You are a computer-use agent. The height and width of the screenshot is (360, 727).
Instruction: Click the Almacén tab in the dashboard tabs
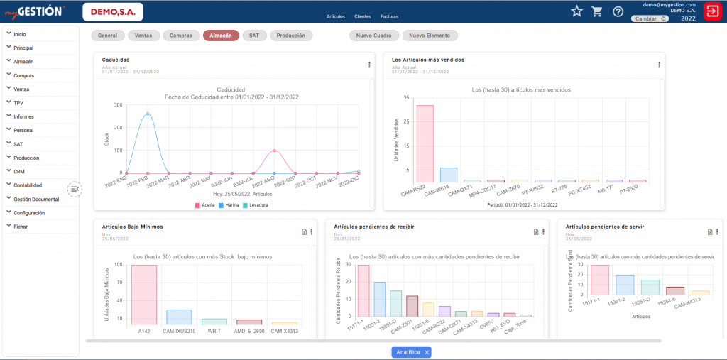click(220, 35)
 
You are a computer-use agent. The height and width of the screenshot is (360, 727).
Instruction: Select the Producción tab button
click(291, 35)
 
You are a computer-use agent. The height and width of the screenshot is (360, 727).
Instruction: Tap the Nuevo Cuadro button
click(373, 35)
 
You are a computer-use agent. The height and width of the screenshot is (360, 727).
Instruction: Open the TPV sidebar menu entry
click(18, 103)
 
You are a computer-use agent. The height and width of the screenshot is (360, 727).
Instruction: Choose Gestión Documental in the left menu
click(37, 200)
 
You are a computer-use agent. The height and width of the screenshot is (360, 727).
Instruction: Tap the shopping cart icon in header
click(597, 11)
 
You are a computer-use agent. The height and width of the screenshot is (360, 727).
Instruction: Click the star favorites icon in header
click(576, 11)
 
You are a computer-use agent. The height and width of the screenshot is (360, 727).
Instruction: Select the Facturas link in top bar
click(389, 16)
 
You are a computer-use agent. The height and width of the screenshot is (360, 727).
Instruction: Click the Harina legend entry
click(230, 205)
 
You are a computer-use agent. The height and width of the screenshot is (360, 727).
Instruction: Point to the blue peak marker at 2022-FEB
click(148, 114)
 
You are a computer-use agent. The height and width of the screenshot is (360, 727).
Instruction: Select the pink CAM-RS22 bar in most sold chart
click(425, 143)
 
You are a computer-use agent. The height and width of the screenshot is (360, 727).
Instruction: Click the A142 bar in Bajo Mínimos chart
click(144, 295)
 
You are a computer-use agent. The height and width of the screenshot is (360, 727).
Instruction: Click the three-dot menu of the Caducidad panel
click(369, 65)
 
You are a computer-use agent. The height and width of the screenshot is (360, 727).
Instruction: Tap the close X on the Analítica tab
click(426, 352)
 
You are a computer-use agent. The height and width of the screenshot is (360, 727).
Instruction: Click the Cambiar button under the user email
click(650, 19)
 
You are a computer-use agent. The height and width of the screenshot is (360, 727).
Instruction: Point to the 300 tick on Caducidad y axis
click(118, 105)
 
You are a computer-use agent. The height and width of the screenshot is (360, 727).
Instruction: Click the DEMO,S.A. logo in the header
click(113, 11)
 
